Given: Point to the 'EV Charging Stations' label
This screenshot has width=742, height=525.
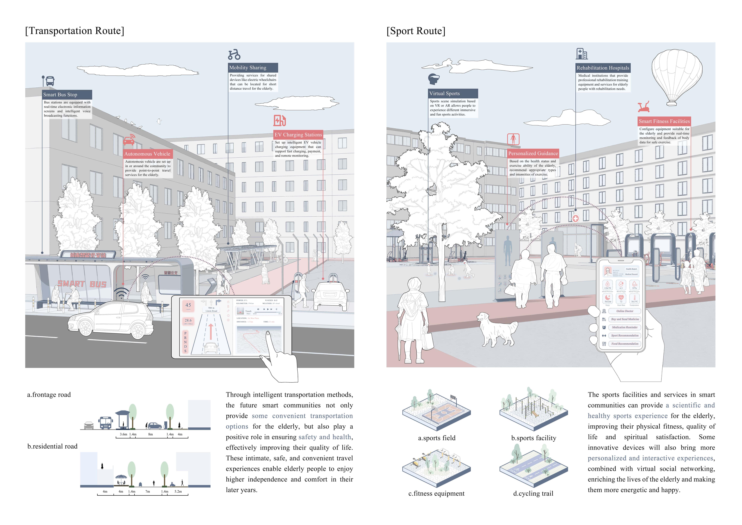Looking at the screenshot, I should click(298, 135).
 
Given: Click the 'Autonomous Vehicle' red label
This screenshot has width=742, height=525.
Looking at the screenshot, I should click(147, 154).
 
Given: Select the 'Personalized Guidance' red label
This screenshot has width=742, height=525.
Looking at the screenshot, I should click(533, 154).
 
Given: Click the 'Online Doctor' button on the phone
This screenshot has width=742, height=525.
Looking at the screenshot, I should click(624, 311).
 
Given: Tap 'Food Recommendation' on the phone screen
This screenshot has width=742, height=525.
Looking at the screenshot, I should click(624, 344).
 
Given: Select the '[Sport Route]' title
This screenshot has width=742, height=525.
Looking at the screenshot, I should click(416, 31).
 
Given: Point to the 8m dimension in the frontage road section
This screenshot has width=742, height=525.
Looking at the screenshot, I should click(150, 434).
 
